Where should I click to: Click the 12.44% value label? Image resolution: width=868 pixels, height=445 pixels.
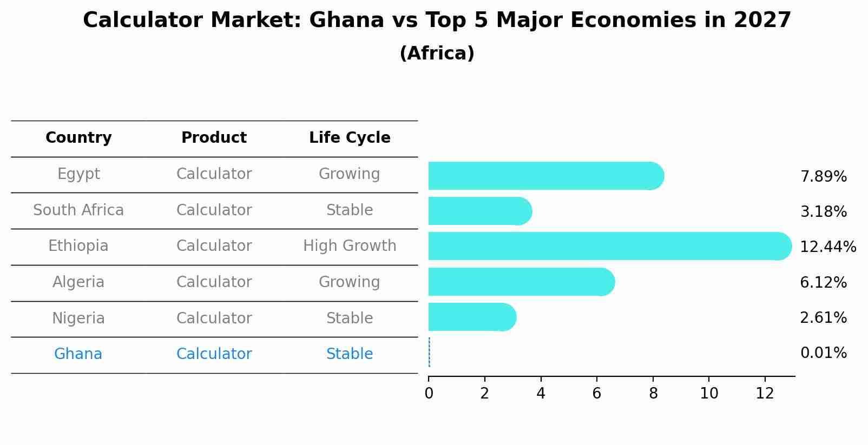(x=827, y=247)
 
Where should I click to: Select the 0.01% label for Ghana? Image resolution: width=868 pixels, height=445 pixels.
(x=823, y=353)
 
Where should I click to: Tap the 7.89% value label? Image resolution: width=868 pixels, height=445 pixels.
(x=823, y=177)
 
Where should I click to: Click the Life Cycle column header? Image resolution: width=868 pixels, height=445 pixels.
(x=350, y=138)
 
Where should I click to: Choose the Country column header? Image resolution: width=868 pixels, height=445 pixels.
(x=78, y=138)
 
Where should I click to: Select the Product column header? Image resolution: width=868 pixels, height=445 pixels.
(x=214, y=138)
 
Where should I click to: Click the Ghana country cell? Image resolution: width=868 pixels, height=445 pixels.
(x=78, y=354)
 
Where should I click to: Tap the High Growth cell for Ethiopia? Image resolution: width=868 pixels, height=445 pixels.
(x=350, y=246)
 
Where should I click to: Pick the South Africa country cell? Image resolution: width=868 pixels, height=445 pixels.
(x=78, y=210)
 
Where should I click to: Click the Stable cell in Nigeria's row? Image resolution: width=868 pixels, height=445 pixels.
(x=350, y=318)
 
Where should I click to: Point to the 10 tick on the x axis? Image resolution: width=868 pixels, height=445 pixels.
(x=709, y=394)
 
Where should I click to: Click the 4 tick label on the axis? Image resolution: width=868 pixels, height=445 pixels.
(x=541, y=394)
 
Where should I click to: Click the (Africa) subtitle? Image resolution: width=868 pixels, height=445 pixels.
(x=437, y=54)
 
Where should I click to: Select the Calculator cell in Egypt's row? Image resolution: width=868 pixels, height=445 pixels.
(x=214, y=174)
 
